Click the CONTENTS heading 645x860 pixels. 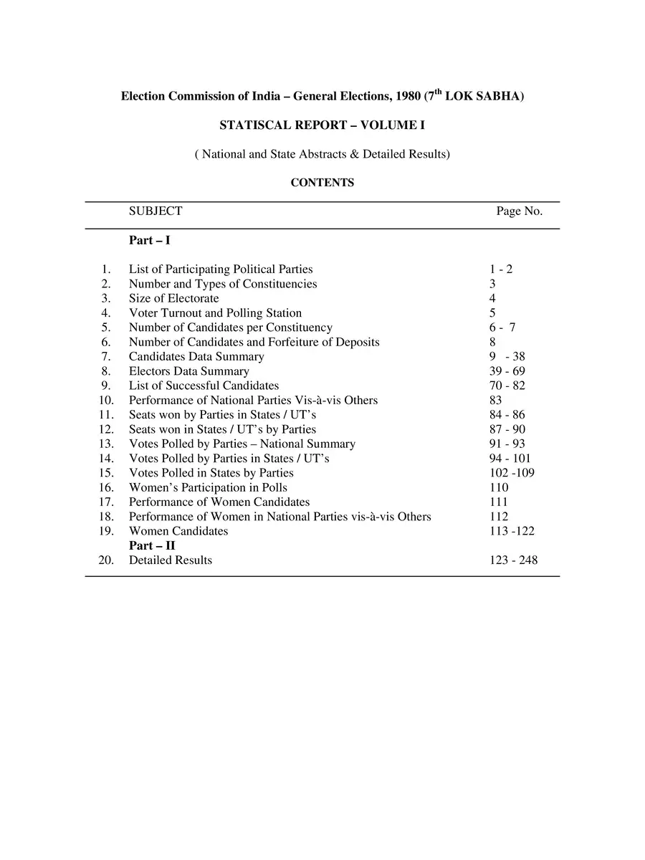[x=322, y=183]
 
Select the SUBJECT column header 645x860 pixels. [x=156, y=211]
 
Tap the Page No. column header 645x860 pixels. [x=519, y=211]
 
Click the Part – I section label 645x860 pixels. [x=149, y=241]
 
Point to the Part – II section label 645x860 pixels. [x=151, y=545]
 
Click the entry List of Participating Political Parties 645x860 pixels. [x=221, y=269]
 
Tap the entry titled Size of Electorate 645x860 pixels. [x=174, y=298]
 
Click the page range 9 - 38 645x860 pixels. [x=507, y=356]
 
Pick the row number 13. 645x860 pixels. [x=107, y=444]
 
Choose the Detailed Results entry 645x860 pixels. [x=171, y=560]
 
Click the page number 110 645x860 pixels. [x=499, y=487]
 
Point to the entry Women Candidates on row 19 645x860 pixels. [x=178, y=531]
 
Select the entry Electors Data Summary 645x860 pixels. [x=189, y=371]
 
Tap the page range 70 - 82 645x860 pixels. [x=507, y=386]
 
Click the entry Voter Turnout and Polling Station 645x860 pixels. [x=215, y=312]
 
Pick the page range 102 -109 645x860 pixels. [x=512, y=473]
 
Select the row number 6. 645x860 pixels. [x=106, y=342]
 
